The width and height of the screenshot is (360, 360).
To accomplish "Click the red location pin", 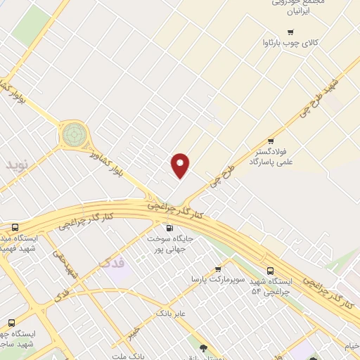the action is point(181,165).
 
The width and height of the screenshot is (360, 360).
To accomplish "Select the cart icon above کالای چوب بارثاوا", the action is point(290,32).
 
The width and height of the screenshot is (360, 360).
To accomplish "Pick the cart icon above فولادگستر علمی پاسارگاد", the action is point(269,140).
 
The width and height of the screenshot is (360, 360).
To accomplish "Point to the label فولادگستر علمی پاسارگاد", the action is point(269,156).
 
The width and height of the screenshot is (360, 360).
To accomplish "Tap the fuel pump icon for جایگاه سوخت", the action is point(168,227).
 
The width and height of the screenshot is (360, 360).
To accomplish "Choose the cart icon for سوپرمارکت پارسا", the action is point(218,269).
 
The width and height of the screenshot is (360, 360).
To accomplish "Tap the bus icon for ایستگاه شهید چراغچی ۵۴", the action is point(271,271).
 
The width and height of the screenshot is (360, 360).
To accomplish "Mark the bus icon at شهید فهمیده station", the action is point(15,227).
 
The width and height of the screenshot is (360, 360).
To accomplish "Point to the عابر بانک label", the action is point(170,311).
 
